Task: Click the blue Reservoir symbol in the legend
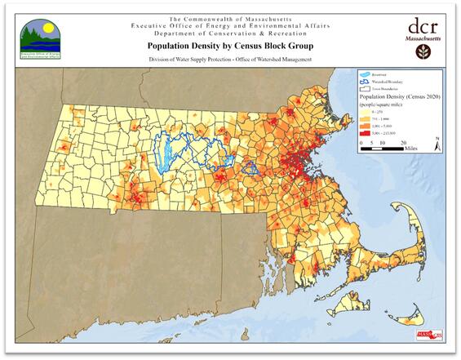pyautogui.click(x=366, y=73)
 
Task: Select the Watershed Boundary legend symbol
pyautogui.click(x=366, y=81)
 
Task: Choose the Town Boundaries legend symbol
pyautogui.click(x=366, y=87)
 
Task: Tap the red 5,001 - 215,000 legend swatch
pyautogui.click(x=366, y=132)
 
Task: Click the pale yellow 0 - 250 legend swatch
pyautogui.click(x=366, y=110)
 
